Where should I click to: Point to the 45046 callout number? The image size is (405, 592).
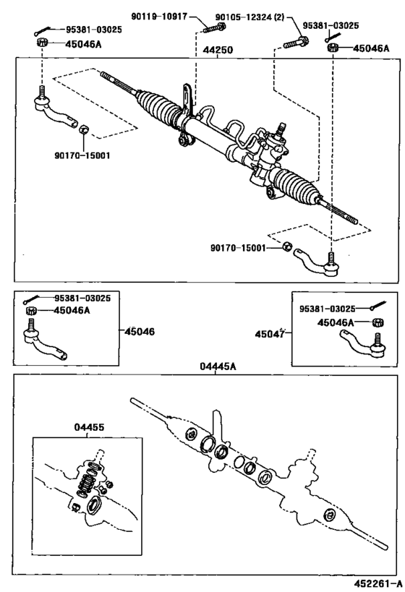point(140,332)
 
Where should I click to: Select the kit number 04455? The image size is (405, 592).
point(89,427)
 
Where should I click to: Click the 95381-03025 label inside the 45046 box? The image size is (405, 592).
point(80,298)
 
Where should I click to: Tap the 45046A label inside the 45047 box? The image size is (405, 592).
point(337,322)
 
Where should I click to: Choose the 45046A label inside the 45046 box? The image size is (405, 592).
point(72,311)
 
